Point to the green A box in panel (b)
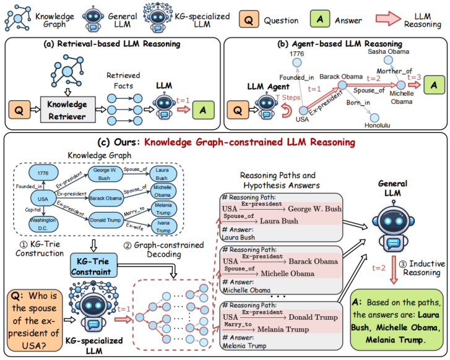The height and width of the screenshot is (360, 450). point(436,82)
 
